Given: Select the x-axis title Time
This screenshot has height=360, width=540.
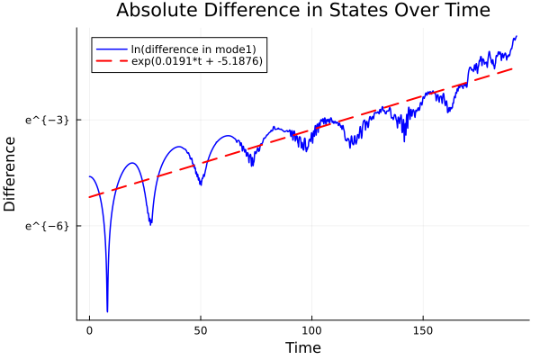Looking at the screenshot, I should click(x=302, y=347).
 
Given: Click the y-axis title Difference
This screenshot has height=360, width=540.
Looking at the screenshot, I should click(x=11, y=174).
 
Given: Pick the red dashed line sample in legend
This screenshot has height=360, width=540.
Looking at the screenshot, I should click(x=111, y=62).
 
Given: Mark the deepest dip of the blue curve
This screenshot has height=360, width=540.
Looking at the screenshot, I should click(x=107, y=310).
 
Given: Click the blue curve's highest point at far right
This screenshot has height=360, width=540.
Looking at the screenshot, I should click(x=516, y=36).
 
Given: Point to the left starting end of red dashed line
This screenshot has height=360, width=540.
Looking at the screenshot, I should click(x=89, y=197).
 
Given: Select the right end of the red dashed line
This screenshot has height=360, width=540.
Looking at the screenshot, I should click(x=513, y=67).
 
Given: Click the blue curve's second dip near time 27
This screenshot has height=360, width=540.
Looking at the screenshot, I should click(x=150, y=223).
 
